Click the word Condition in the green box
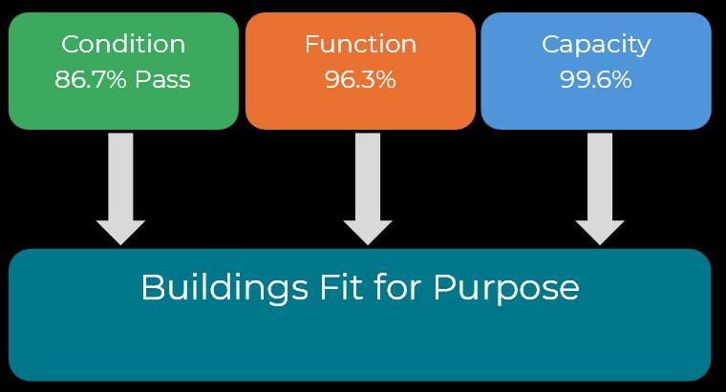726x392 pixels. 122,44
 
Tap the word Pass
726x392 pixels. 162,79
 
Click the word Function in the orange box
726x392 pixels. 360,44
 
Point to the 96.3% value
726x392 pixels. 360,79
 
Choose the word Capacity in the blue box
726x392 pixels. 596,44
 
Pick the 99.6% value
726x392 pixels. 596,79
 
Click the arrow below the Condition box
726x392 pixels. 121,186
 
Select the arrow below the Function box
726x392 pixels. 368,186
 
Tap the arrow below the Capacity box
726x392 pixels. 600,186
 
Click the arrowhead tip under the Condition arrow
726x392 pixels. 121,243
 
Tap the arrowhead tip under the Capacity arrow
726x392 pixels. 600,243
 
